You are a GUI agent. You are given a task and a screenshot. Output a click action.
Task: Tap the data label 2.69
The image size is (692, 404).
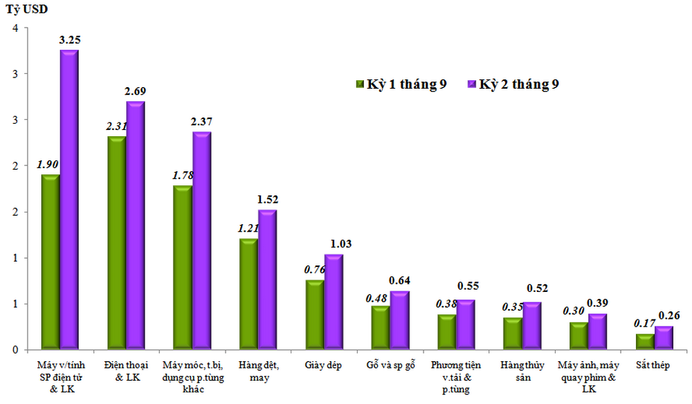[x=135, y=91]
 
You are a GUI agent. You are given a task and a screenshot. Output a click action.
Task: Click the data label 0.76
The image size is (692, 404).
[x=316, y=270]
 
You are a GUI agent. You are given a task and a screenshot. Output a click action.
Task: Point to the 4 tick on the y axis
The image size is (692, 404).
[x=15, y=28]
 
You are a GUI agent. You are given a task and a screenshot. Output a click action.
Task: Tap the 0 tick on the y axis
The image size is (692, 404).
[x=15, y=350]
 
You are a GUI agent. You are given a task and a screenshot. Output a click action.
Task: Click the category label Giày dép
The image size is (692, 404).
[x=325, y=365]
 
